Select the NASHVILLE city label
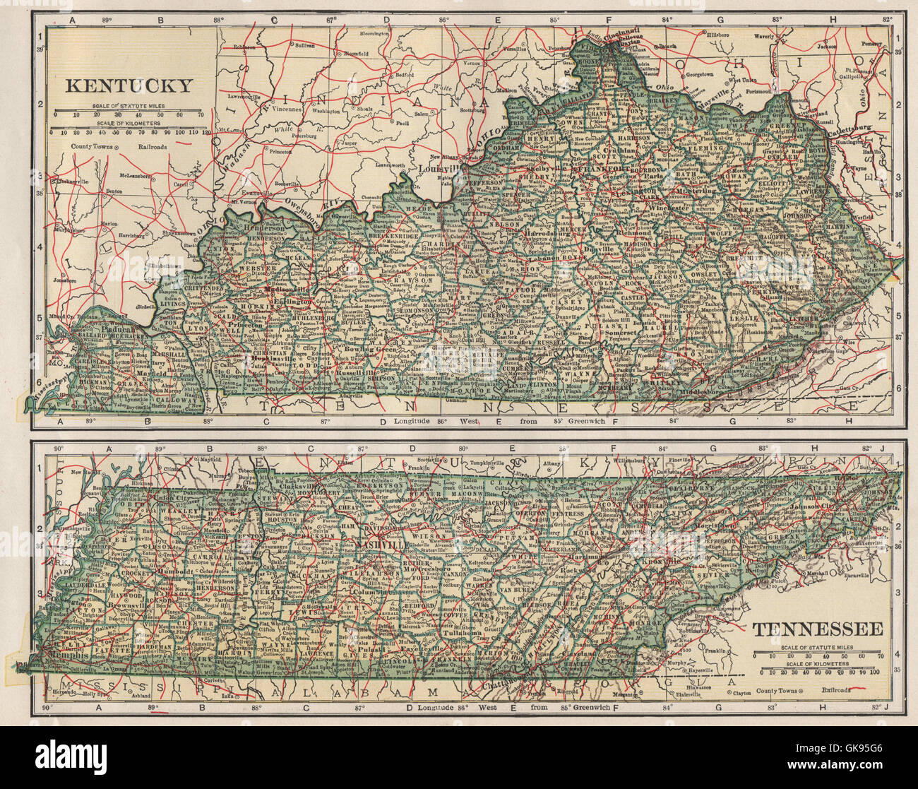[x=381, y=546]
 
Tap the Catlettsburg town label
[x=851, y=130]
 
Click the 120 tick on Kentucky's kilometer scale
[x=206, y=132]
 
